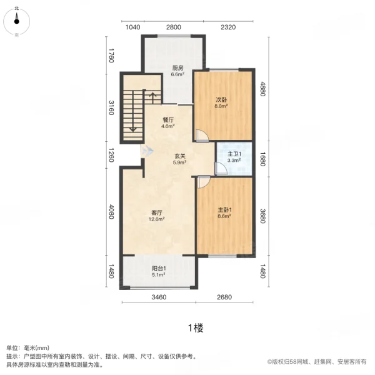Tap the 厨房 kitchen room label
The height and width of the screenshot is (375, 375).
tap(178, 68)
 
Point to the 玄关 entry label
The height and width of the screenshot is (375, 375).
tap(179, 156)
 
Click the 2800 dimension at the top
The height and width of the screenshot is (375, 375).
tap(173, 26)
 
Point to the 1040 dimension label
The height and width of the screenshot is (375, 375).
tap(133, 26)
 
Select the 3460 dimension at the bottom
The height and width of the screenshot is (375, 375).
tap(159, 297)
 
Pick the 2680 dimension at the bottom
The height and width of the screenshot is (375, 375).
tap(226, 297)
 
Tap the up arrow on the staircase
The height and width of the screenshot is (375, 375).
tap(151, 99)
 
